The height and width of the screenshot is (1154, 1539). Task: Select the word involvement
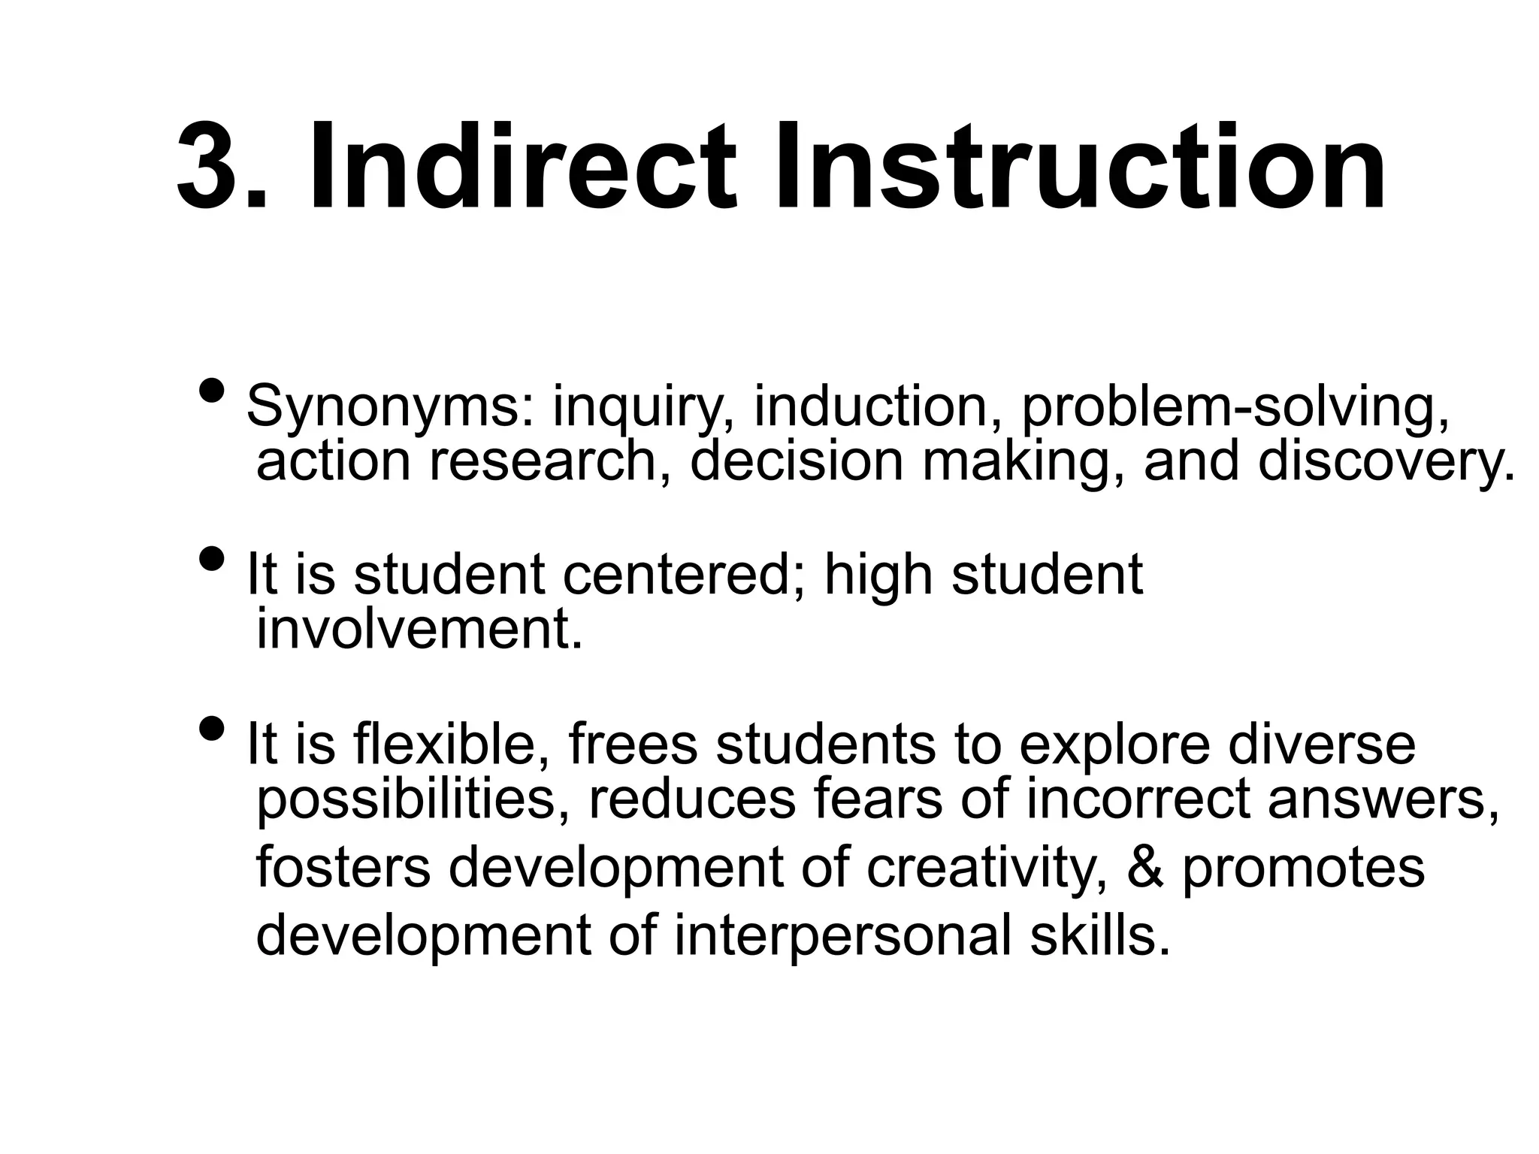(x=419, y=630)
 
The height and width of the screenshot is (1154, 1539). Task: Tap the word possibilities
(x=413, y=801)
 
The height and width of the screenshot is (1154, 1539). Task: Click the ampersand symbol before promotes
(x=1146, y=867)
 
